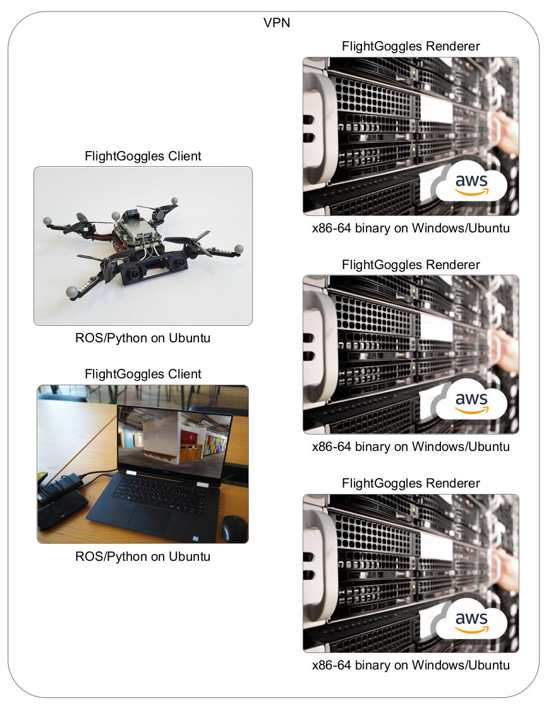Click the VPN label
[x=276, y=23]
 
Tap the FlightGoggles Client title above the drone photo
[x=143, y=156]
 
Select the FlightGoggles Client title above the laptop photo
[x=143, y=374]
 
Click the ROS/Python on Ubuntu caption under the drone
[x=143, y=338]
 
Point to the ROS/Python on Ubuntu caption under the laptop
[x=143, y=556]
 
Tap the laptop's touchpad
[x=149, y=519]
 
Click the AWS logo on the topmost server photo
[x=469, y=184]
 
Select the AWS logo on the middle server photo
[x=469, y=402]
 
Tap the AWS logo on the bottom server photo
[x=469, y=621]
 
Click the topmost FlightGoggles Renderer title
[x=411, y=46]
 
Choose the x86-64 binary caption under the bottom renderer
[x=411, y=665]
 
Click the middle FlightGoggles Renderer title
[x=411, y=265]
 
